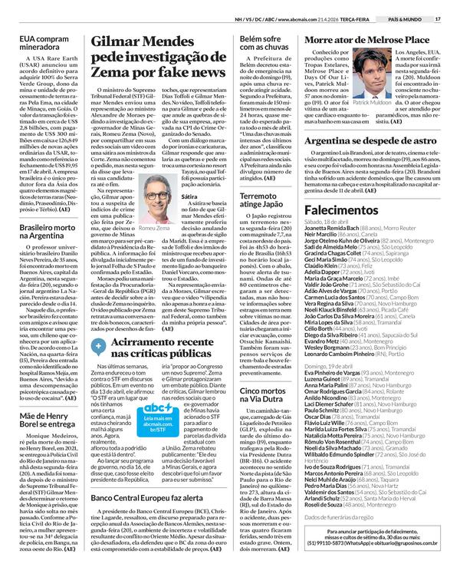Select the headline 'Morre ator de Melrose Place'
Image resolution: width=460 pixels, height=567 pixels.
pos(366,39)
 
